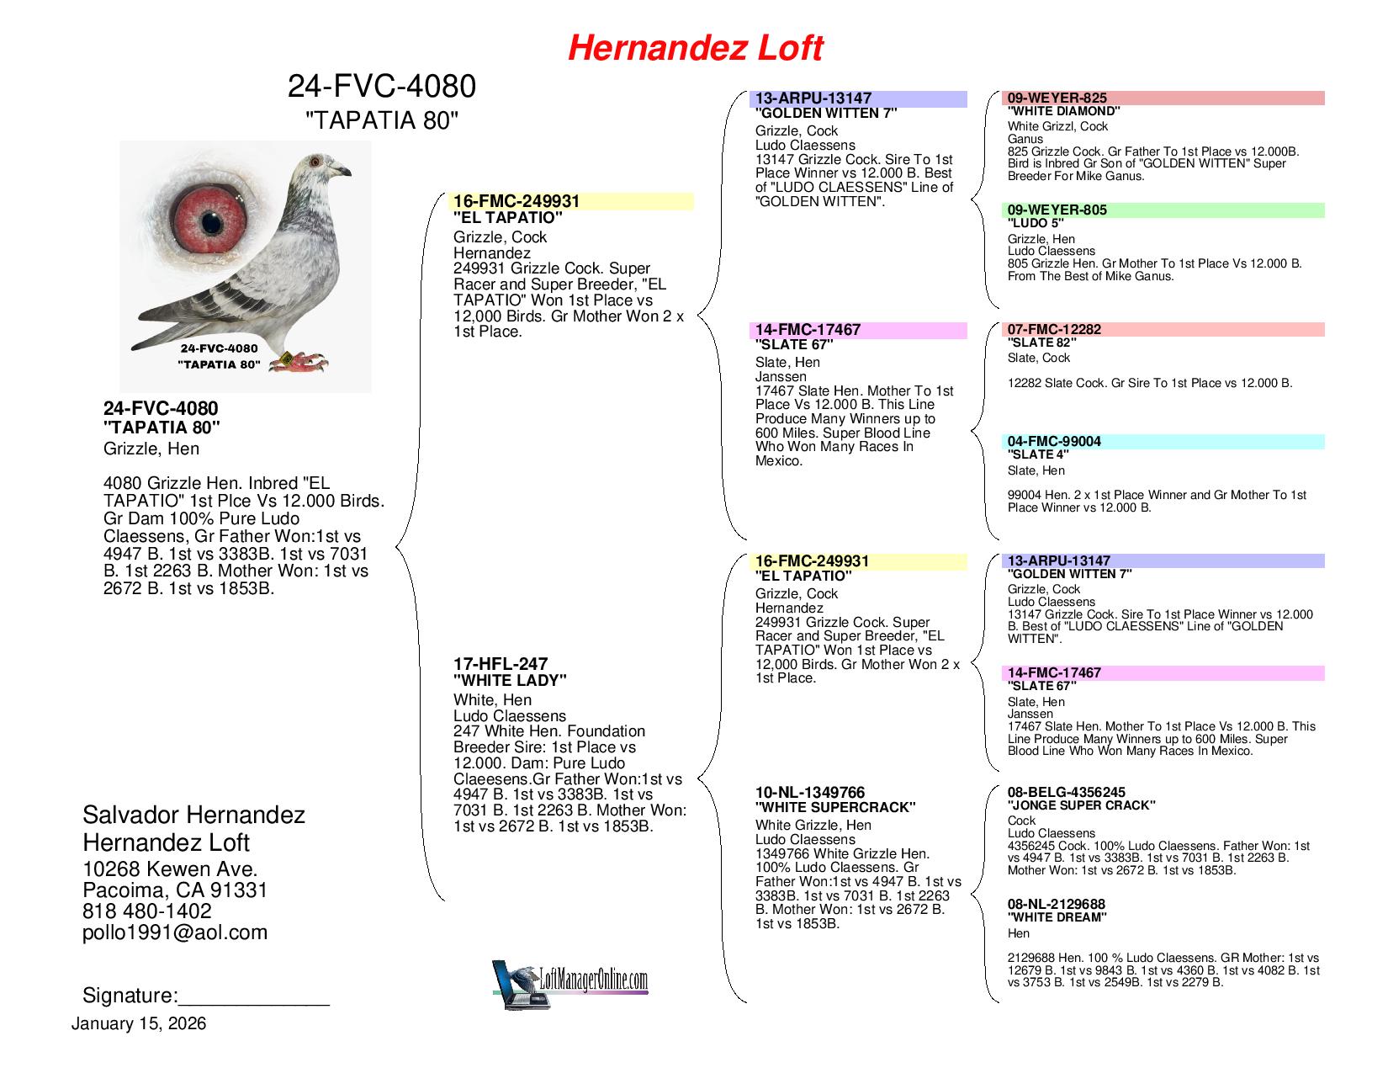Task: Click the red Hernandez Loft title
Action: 695,48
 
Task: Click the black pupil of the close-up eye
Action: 211,223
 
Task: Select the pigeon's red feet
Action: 299,363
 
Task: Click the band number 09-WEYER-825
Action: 1057,98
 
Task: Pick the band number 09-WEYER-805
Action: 1057,210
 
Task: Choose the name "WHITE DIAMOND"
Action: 1063,111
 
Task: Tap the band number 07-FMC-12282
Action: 1054,329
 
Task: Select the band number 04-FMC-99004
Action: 1054,441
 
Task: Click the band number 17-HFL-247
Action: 501,664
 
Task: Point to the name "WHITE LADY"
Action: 510,681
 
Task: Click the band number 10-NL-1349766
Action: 810,793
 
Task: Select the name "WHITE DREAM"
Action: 1057,917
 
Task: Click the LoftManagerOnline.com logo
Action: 570,984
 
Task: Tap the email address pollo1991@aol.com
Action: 175,932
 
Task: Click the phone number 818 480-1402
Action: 146,911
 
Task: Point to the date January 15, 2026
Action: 139,1023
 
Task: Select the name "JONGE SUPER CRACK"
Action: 1082,805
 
